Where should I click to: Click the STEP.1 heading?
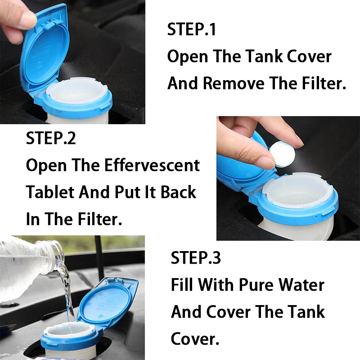(192, 29)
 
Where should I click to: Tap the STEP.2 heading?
(51, 138)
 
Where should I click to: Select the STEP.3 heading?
(196, 257)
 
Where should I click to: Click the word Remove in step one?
(234, 83)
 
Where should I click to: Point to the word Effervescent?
(152, 165)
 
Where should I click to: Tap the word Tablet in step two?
(50, 192)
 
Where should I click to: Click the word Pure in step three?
(256, 285)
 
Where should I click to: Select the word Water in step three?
(301, 285)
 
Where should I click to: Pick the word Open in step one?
(188, 57)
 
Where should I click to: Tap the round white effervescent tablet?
(280, 154)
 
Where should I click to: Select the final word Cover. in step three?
(195, 339)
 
